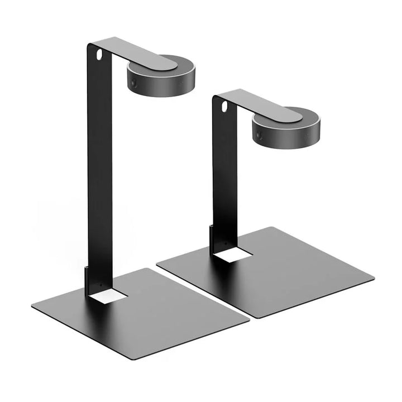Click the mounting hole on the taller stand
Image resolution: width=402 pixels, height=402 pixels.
click(99, 55)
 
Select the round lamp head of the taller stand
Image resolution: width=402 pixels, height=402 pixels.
click(162, 75)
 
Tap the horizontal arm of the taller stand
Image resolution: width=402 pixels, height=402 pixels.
click(134, 51)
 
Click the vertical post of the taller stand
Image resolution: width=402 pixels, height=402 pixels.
click(99, 167)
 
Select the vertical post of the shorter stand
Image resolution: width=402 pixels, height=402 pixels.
click(224, 179)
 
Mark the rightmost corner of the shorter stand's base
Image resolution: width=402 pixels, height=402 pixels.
click(374, 277)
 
